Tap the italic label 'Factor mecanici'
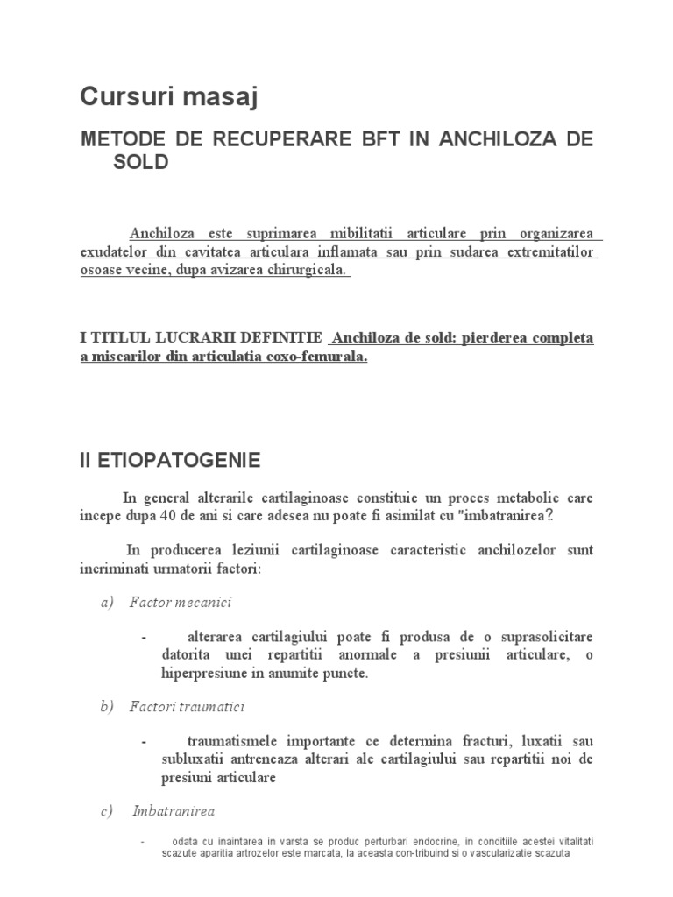pyautogui.click(x=181, y=603)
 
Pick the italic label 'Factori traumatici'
pyautogui.click(x=187, y=706)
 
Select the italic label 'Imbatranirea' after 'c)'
pyautogui.click(x=174, y=811)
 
